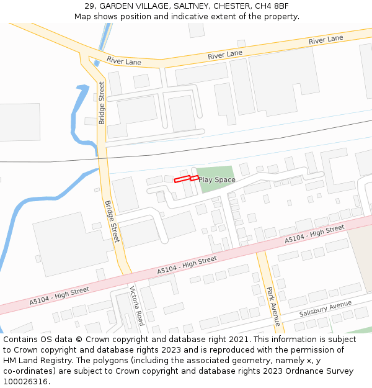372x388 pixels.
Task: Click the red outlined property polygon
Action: pyautogui.click(x=186, y=179)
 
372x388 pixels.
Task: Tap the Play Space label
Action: pyautogui.click(x=217, y=180)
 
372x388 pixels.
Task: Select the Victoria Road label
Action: pyautogui.click(x=136, y=305)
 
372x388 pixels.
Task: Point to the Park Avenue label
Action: pyautogui.click(x=273, y=306)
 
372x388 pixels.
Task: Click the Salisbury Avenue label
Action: pyautogui.click(x=325, y=309)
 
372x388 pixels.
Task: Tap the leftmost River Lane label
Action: pyautogui.click(x=124, y=61)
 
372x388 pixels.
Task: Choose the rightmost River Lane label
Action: pyautogui.click(x=325, y=40)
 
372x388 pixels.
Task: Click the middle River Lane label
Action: pyautogui.click(x=225, y=55)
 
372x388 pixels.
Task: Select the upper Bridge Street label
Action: pyautogui.click(x=102, y=103)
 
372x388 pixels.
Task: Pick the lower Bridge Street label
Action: pyautogui.click(x=111, y=221)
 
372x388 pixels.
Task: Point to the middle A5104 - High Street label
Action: pyautogui.click(x=187, y=265)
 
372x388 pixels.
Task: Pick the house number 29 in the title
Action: pyautogui.click(x=89, y=6)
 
